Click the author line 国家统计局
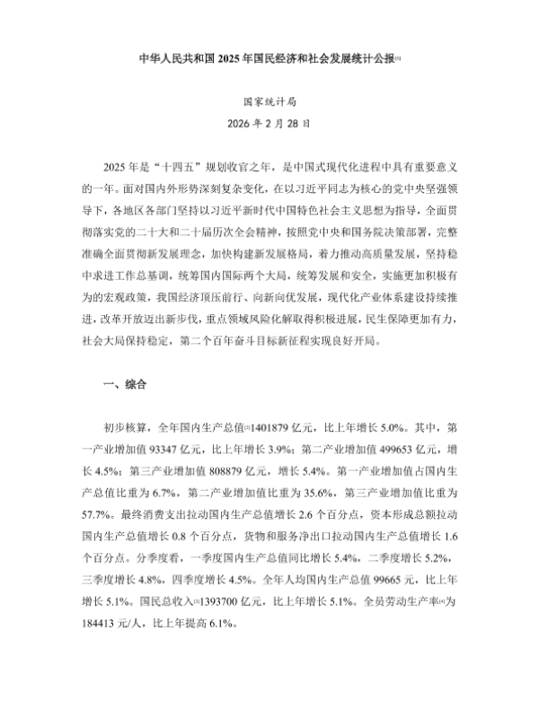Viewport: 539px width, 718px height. click(x=269, y=104)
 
